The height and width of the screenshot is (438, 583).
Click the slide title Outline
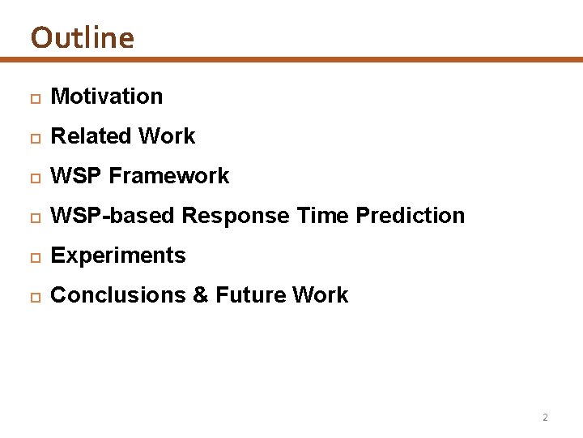[82, 37]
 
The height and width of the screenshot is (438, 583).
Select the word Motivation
[106, 97]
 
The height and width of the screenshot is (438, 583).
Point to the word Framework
[169, 176]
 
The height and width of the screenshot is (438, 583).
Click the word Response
[236, 216]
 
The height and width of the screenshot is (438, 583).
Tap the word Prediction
[411, 216]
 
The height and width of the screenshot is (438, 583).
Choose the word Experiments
[118, 255]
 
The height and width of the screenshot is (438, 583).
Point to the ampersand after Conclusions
[201, 295]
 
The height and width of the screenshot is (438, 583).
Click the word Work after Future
[321, 295]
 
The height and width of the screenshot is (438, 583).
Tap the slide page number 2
[544, 418]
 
